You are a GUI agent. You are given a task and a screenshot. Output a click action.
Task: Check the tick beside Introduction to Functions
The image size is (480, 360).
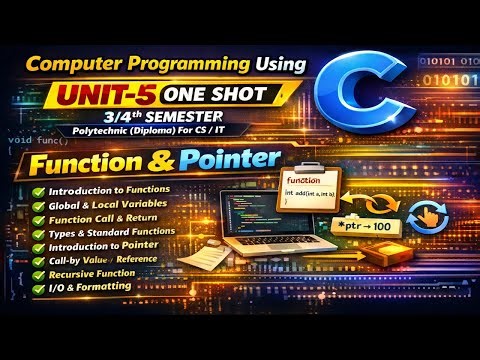point(38,190)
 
